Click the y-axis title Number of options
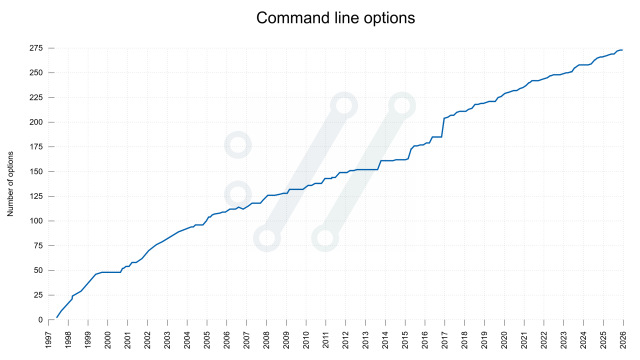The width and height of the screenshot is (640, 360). [x=12, y=183]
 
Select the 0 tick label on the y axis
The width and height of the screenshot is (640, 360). [x=39, y=320]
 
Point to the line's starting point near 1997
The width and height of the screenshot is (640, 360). [x=55, y=318]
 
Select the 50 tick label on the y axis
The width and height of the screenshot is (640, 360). [x=37, y=270]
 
